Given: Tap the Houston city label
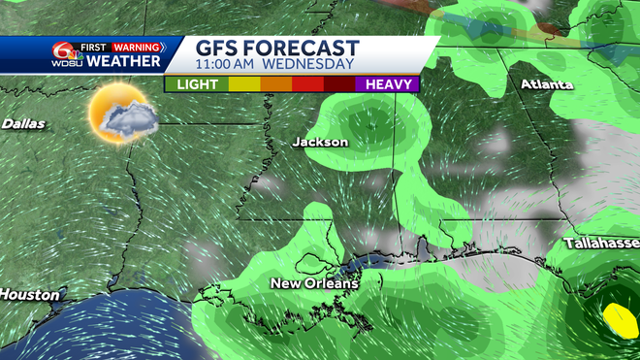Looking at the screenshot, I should click(30, 294).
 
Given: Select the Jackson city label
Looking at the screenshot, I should click(320, 142).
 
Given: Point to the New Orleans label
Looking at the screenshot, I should click(314, 283).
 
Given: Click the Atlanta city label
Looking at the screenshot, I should click(547, 84).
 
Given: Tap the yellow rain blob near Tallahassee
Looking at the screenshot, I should click(618, 318).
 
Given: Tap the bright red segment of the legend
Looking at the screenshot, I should click(308, 84).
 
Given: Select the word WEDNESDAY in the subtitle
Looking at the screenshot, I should click(313, 65).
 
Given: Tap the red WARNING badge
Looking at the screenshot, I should click(136, 46).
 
